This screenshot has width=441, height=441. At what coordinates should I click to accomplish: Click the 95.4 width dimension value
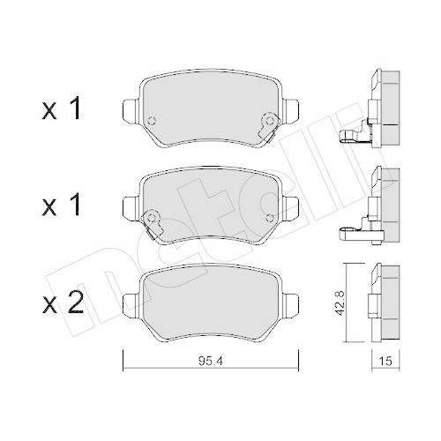coord(211,361)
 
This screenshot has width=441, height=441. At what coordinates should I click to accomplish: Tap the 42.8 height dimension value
coord(340,303)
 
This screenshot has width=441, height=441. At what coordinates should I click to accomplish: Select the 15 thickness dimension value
coord(385,361)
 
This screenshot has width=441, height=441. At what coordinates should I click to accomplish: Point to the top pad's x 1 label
coord(61,108)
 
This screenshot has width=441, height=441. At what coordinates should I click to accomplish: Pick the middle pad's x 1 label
coord(61,205)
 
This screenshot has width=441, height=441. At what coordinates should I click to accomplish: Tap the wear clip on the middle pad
coord(152,222)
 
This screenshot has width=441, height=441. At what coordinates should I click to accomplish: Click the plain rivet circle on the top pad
coord(152,120)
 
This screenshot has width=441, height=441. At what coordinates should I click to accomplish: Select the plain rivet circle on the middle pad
coord(269,218)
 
